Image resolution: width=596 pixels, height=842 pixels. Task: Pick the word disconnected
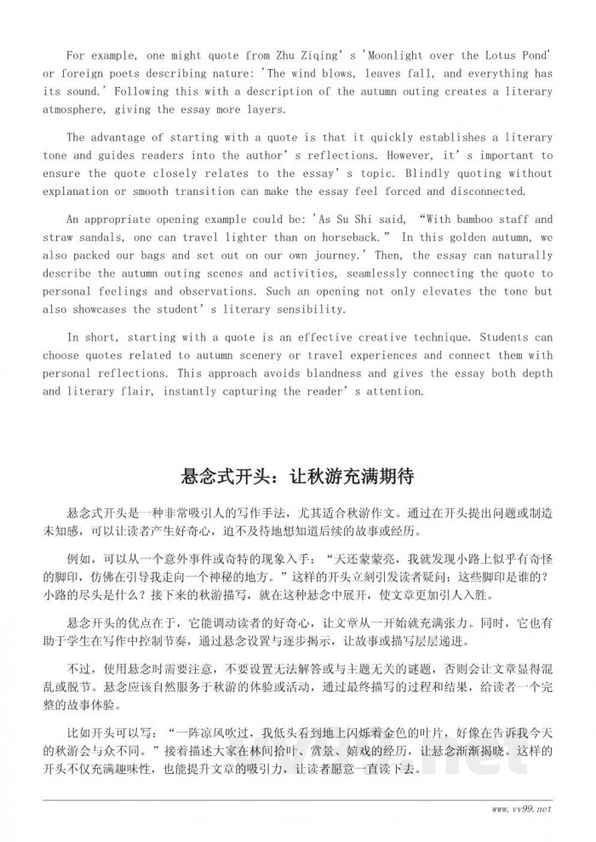pyautogui.click(x=484, y=192)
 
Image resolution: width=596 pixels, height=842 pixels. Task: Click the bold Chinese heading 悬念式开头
pyautogui.click(x=223, y=475)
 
